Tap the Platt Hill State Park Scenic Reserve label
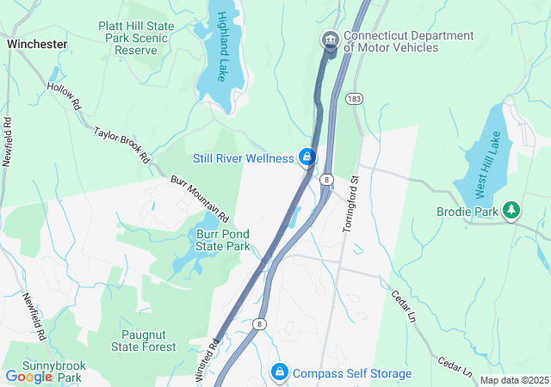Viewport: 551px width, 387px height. tap(136, 39)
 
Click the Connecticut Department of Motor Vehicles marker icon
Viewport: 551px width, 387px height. tap(330, 40)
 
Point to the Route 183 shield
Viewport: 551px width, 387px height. tap(355, 100)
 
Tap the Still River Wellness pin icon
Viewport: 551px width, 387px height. tap(306, 157)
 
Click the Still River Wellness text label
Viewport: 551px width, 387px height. tap(243, 158)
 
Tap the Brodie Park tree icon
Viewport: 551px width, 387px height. tap(512, 209)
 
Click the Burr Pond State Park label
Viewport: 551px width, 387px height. tap(210, 239)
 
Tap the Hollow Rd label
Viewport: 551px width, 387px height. tap(65, 95)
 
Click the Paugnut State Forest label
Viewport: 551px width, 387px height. tap(144, 341)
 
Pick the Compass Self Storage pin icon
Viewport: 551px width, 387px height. tap(279, 372)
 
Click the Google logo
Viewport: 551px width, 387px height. tap(28, 377)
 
